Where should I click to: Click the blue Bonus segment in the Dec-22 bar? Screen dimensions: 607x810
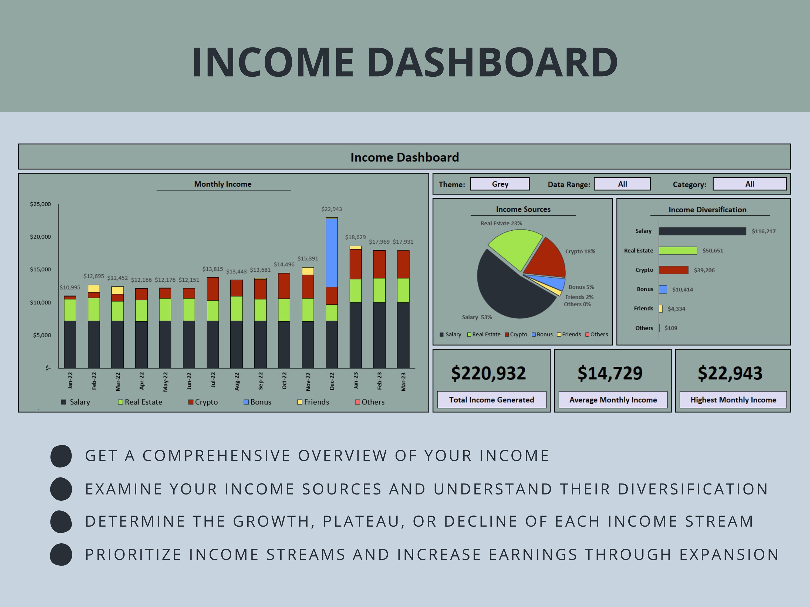point(331,253)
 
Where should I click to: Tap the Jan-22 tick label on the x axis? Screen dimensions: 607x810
point(70,380)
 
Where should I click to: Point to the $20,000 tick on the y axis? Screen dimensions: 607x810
point(40,237)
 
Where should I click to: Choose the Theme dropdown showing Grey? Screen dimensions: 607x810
point(500,184)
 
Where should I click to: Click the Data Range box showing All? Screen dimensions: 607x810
point(622,184)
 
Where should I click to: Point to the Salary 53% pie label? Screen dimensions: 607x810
point(477,317)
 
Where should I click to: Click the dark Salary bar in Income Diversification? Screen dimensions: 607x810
point(702,231)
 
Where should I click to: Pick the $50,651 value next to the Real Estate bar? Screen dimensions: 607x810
point(713,251)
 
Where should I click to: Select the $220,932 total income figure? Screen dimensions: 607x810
point(488,373)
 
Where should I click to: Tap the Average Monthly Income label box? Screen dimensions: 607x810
point(613,400)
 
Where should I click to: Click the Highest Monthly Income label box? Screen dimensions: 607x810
point(733,400)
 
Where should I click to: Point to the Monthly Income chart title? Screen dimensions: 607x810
point(223,184)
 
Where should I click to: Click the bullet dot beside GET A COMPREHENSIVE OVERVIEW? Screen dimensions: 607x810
point(61,456)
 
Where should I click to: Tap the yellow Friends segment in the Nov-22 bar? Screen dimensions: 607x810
point(308,271)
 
